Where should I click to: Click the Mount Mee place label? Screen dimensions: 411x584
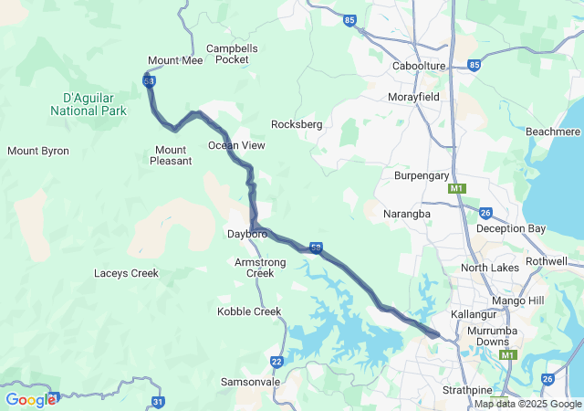[x=175, y=60]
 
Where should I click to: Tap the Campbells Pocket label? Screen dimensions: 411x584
[x=233, y=54]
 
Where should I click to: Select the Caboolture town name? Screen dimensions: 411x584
[x=418, y=67]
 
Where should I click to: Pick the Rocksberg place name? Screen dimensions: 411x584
[x=297, y=124]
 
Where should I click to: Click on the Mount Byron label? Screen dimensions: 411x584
[x=38, y=151]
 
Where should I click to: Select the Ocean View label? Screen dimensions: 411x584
[x=236, y=145]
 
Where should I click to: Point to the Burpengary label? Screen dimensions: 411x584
[x=422, y=174]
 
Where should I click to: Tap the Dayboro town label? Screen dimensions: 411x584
[x=246, y=235]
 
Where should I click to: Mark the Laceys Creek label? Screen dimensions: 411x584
[x=126, y=273]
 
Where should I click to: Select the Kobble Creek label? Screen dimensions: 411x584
[x=249, y=311]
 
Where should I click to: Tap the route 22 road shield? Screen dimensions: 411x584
[x=276, y=362]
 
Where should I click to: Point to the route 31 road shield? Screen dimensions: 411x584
[x=159, y=401]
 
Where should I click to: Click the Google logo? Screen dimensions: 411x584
[x=30, y=399]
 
